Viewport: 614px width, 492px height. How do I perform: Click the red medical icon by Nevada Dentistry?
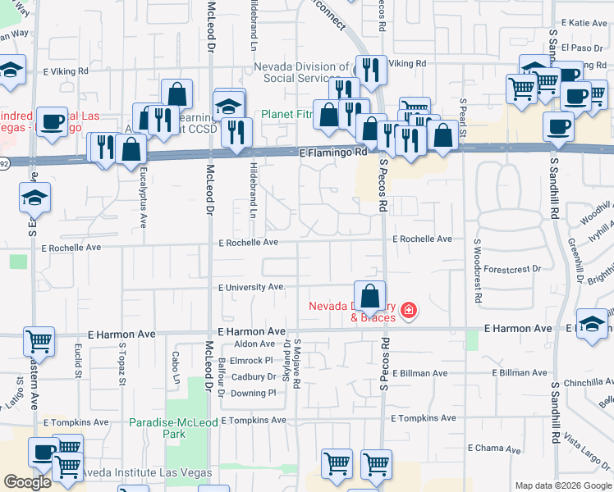408,312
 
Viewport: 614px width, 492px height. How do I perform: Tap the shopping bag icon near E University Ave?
370,296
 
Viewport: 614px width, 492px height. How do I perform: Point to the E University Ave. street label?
251,287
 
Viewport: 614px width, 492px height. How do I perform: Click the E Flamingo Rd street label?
333,153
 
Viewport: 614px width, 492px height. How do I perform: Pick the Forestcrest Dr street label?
513,268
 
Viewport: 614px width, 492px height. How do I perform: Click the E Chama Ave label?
494,449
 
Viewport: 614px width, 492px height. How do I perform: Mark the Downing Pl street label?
253,393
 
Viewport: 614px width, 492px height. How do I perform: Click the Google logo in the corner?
27,482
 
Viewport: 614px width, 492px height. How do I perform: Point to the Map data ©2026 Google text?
561,485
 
